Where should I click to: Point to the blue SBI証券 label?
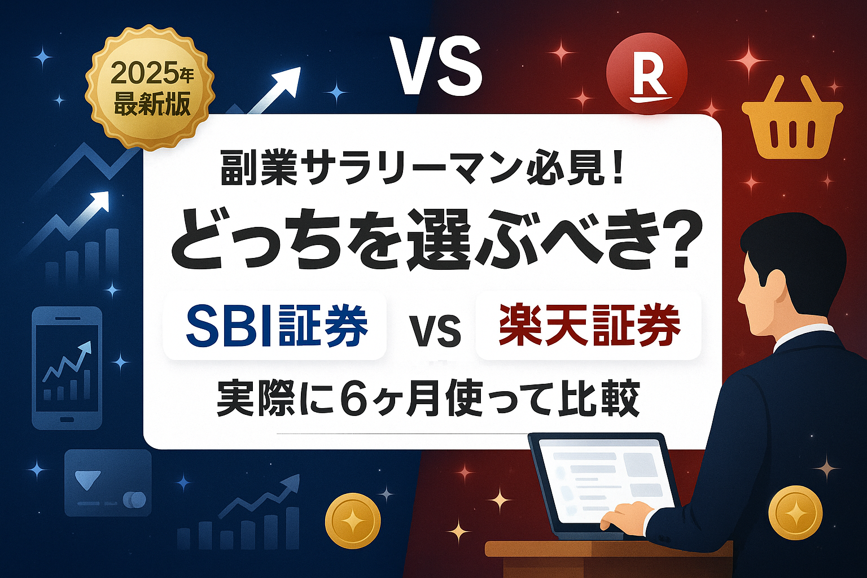[275, 326]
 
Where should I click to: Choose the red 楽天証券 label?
[588, 326]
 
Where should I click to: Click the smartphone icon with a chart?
[67, 368]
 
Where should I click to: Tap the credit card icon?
[108, 483]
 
